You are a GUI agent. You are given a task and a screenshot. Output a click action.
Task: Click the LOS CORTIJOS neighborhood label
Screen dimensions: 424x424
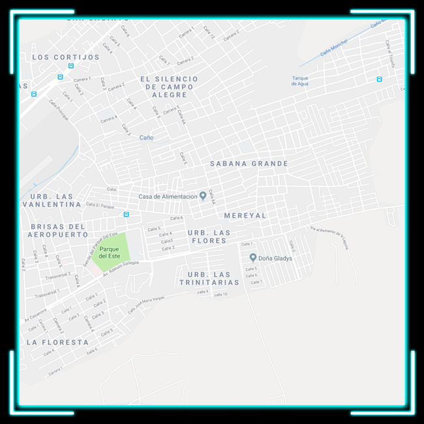click(66, 57)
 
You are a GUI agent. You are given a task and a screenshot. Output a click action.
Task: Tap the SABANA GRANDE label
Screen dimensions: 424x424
click(249, 164)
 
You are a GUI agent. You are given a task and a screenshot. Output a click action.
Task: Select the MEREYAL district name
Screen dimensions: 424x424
click(245, 215)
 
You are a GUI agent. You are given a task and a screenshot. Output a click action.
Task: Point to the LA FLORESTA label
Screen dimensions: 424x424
click(57, 342)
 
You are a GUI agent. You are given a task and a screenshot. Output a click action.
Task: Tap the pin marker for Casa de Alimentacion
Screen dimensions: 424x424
click(203, 196)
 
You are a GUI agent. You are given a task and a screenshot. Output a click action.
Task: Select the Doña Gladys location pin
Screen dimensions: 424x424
click(253, 258)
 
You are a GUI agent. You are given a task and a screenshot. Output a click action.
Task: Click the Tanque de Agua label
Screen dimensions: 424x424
click(300, 81)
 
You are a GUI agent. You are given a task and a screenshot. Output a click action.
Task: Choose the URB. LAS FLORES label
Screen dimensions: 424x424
click(209, 236)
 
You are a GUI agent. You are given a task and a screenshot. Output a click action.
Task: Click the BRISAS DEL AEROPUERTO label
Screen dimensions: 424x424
click(59, 230)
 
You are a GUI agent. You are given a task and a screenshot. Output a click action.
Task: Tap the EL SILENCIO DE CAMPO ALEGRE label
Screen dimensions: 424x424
click(168, 87)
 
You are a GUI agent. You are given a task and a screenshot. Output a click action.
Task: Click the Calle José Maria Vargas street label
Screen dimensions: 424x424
click(147, 303)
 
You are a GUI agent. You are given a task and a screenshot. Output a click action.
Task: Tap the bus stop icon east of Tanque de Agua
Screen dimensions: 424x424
click(379, 80)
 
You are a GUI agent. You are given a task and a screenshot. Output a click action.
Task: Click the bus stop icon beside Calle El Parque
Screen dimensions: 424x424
click(126, 214)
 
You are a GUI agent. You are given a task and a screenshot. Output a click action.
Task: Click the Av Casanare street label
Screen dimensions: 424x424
click(36, 316)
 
